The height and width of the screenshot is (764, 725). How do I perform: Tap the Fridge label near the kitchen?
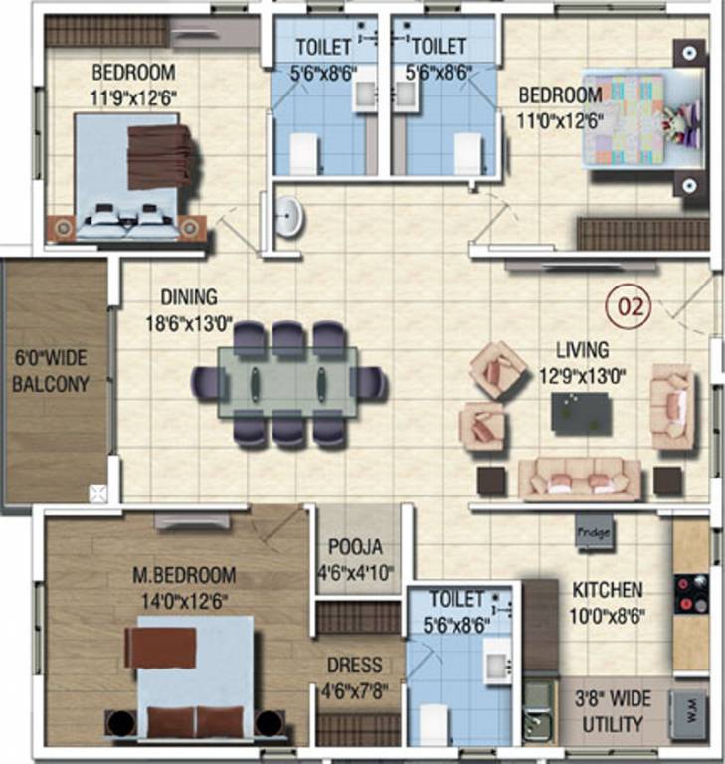point(594,532)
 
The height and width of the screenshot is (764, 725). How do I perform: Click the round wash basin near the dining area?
point(289,216)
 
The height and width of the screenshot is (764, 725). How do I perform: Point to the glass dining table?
point(287,382)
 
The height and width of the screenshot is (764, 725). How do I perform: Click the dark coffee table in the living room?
point(581,412)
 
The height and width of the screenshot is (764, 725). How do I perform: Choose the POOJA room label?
point(355,547)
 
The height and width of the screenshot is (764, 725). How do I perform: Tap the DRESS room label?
point(355,666)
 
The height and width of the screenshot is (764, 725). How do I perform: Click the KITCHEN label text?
point(607,590)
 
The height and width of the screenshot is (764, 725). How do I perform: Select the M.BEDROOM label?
point(184,575)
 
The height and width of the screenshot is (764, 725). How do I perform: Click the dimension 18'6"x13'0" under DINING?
point(189,323)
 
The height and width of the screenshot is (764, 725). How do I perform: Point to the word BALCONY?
point(51,384)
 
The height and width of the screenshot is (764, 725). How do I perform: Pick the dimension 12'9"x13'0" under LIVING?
point(582,376)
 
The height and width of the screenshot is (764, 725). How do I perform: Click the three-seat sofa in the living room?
point(580,478)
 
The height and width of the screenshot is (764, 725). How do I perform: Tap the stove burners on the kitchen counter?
point(691,593)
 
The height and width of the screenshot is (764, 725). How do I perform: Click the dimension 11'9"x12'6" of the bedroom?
point(133,97)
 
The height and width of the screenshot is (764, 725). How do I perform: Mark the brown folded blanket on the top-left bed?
point(161,157)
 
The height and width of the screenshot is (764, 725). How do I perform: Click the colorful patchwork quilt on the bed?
point(625,120)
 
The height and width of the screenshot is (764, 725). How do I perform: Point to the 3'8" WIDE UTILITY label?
point(613,712)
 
